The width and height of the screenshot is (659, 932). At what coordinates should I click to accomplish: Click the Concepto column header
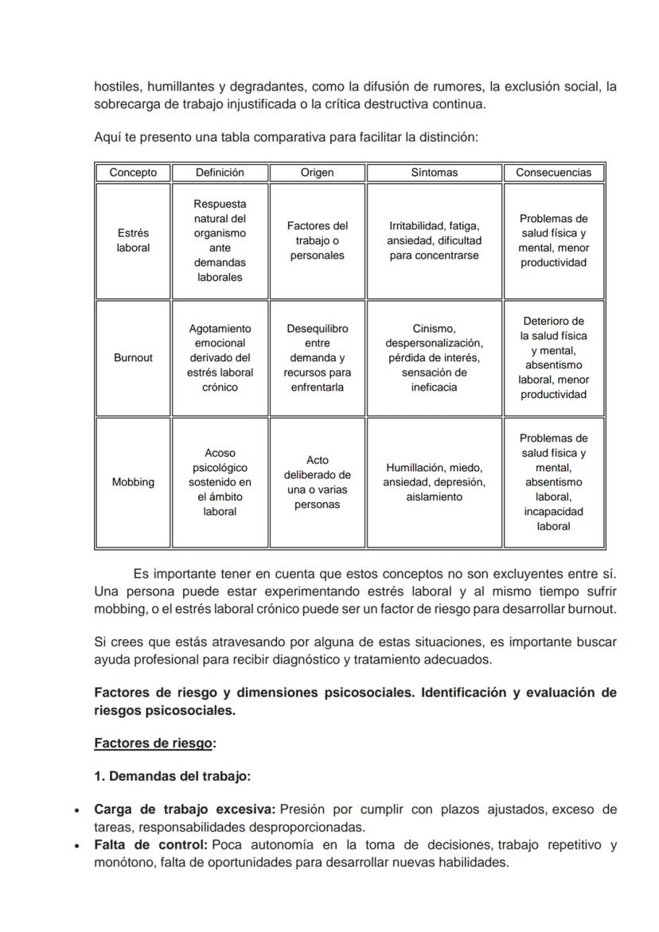pyautogui.click(x=133, y=173)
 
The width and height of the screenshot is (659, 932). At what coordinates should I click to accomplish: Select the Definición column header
pyautogui.click(x=220, y=173)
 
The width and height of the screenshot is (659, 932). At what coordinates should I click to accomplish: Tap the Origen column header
pyautogui.click(x=317, y=173)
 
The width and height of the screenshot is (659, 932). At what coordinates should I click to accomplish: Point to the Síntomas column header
pyautogui.click(x=434, y=173)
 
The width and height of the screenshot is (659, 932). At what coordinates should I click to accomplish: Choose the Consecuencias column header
pyautogui.click(x=553, y=173)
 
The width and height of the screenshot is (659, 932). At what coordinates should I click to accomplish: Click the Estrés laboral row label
pyautogui.click(x=133, y=240)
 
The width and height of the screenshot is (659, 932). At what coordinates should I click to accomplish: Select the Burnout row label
pyautogui.click(x=133, y=358)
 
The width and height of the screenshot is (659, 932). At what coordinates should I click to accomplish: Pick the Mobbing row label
pyautogui.click(x=133, y=482)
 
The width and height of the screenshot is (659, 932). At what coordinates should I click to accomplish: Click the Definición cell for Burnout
pyautogui.click(x=220, y=358)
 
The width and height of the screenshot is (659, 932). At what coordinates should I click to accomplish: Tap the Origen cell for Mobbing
pyautogui.click(x=317, y=482)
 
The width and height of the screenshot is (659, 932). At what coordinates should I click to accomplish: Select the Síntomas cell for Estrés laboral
pyautogui.click(x=434, y=240)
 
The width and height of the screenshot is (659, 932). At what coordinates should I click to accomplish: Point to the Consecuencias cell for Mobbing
pyautogui.click(x=553, y=482)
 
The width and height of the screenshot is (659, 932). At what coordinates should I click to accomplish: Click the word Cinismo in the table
pyautogui.click(x=434, y=329)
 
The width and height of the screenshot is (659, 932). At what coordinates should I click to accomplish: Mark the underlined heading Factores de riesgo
pyautogui.click(x=154, y=743)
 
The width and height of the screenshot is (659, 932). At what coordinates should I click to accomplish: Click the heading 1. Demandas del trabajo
pyautogui.click(x=172, y=776)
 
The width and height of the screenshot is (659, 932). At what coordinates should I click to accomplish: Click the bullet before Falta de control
pyautogui.click(x=76, y=846)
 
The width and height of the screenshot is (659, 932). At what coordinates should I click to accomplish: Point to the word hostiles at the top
pyautogui.click(x=116, y=86)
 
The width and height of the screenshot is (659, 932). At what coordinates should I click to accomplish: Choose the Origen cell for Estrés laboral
pyautogui.click(x=317, y=240)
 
